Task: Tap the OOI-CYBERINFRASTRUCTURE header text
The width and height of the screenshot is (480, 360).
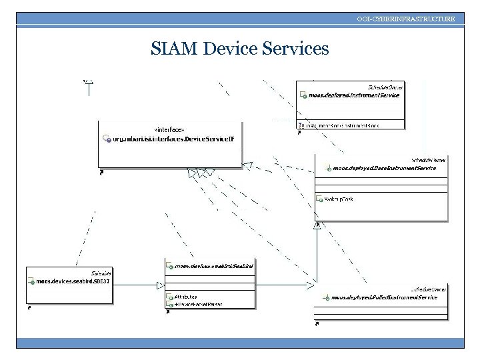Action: pos(406,19)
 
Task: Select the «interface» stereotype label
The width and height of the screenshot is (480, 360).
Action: pos(169,129)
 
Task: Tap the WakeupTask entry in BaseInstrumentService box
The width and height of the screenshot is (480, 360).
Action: pos(337,199)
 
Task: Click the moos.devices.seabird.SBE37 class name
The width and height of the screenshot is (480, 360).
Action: pos(74,282)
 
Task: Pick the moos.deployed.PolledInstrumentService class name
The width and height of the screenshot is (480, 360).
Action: pos(384,297)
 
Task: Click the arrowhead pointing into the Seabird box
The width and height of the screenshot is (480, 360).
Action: pos(160,285)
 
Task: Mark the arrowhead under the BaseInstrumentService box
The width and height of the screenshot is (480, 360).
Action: pos(318,226)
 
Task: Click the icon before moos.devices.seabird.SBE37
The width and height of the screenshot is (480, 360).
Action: pos(31,282)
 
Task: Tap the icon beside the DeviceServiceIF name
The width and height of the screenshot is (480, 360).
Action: pos(106,139)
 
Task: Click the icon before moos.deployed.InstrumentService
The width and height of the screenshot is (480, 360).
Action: pos(303,95)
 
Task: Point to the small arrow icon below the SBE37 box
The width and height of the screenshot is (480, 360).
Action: pos(30,309)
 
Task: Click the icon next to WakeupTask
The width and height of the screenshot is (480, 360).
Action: pos(319,199)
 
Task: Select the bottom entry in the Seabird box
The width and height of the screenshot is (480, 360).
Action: pos(199,304)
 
